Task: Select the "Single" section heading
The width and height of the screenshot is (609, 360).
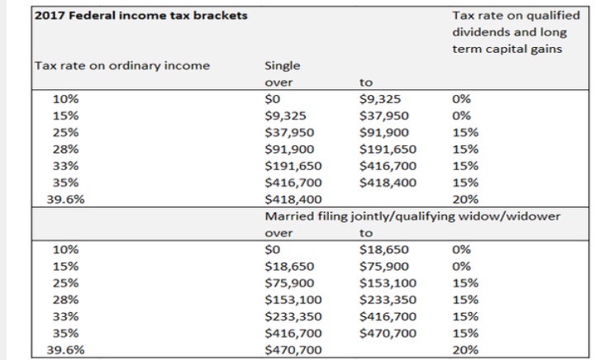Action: [x=282, y=65]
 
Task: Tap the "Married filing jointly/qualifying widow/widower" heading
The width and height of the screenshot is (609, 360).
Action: [x=412, y=216]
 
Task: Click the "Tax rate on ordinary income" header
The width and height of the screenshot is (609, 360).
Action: [x=122, y=65]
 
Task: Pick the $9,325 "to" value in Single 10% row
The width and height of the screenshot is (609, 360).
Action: [x=380, y=98]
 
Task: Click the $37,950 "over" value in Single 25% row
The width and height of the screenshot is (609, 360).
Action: [x=288, y=132]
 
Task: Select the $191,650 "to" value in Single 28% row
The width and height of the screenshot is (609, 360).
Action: [x=388, y=149]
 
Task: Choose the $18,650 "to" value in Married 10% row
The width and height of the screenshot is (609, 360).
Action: [x=383, y=249]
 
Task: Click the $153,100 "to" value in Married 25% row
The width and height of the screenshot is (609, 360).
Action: [x=388, y=282]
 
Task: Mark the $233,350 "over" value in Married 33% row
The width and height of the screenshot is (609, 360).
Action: [x=292, y=315]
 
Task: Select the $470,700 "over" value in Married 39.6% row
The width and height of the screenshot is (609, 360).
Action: [x=292, y=349]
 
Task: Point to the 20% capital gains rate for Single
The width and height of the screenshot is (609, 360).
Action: [x=465, y=199]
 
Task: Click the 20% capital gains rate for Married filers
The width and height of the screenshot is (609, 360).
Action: [x=465, y=349]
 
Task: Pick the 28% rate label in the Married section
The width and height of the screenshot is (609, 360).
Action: [x=65, y=299]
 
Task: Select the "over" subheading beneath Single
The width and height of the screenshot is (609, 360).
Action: [x=278, y=83]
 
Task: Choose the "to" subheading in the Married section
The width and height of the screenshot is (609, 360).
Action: [x=367, y=233]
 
